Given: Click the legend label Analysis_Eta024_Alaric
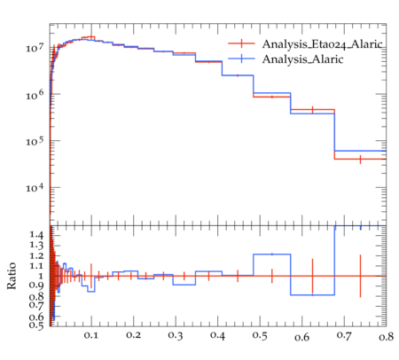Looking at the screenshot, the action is [x=322, y=44].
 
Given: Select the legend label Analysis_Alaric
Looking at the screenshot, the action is [x=302, y=59].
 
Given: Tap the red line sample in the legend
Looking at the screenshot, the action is [x=241, y=43].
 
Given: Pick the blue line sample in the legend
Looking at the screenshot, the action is [x=241, y=59].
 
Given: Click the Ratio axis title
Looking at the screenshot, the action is [x=12, y=276].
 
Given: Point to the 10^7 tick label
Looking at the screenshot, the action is [x=35, y=47].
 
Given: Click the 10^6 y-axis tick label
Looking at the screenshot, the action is [x=35, y=95].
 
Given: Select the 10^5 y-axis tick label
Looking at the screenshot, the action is [x=35, y=141].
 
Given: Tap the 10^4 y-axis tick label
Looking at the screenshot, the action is [x=35, y=188].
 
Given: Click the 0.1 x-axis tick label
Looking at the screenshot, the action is [x=91, y=335].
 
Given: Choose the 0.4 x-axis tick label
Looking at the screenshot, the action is [x=217, y=335].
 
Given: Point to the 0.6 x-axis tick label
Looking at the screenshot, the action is [x=301, y=337].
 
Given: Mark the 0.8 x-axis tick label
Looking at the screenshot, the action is [x=386, y=336].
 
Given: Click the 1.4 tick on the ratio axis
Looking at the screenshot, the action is [x=36, y=235].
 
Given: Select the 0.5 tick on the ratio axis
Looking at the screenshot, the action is [x=36, y=325].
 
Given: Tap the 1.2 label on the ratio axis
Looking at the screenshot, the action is [x=36, y=255].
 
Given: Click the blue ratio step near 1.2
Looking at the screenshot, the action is [x=272, y=254].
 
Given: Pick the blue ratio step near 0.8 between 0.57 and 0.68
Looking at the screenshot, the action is [x=313, y=294].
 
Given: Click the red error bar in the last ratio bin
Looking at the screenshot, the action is [x=360, y=276].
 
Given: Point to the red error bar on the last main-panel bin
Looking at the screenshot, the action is [x=360, y=160].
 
